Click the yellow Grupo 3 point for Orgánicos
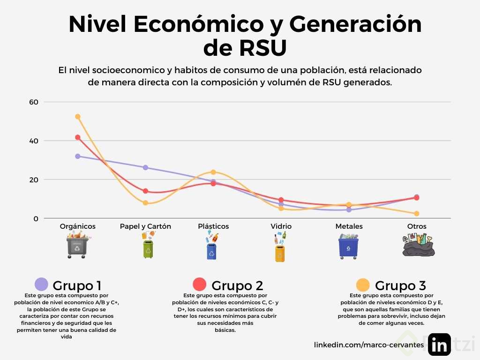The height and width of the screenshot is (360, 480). tap(78, 117)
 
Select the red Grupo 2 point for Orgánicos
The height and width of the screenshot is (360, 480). tap(78, 137)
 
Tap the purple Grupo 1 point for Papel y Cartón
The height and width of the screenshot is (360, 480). tap(145, 167)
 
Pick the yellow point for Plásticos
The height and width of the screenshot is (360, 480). tap(213, 172)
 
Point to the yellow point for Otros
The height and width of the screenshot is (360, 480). tap(416, 214)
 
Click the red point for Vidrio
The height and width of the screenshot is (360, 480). tap(281, 200)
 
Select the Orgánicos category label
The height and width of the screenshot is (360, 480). tap(78, 226)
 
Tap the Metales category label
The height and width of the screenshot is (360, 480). tap(349, 226)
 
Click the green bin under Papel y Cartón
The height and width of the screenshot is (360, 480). tap(148, 248)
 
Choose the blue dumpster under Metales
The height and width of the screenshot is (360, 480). tap(348, 247)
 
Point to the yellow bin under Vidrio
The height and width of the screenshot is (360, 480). tap(280, 252)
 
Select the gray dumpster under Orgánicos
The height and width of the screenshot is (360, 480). tap(77, 247)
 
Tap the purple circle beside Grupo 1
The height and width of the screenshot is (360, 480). tap(42, 285)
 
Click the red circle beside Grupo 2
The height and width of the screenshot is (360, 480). tap(200, 285)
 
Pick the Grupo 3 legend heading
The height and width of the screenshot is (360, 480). tap(400, 285)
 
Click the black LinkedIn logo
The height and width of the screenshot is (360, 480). tap(439, 345)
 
